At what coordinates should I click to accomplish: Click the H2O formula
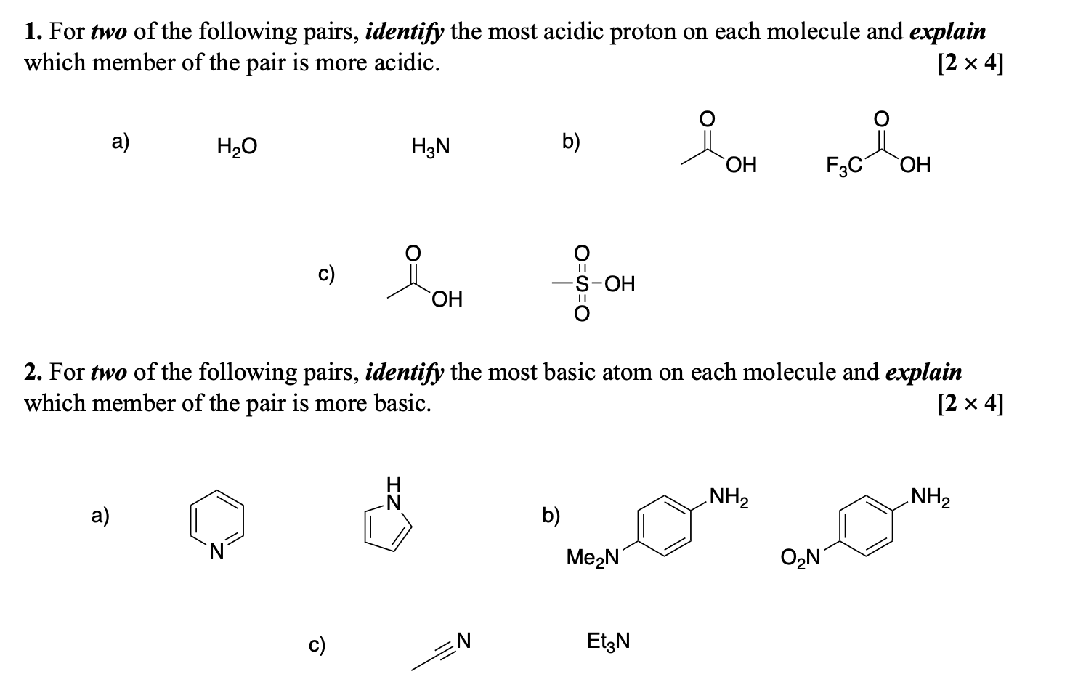coord(237,147)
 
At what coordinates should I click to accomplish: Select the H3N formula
coord(430,147)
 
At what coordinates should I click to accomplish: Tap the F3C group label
coord(843,166)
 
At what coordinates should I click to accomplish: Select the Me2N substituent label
coord(592,558)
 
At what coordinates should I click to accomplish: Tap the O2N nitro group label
coord(801,558)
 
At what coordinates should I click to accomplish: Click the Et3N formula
coord(608,641)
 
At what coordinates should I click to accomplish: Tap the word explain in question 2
coord(923,372)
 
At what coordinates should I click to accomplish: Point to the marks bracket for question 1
coord(971,64)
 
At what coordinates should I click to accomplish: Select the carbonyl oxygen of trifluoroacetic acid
coord(880,118)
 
